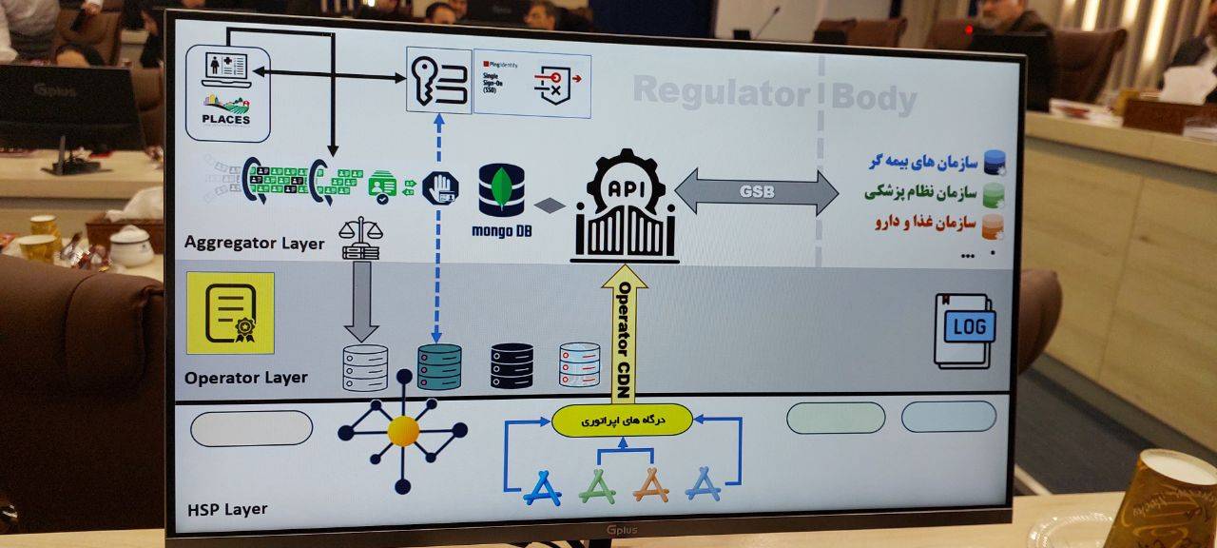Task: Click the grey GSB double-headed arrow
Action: (x=757, y=192)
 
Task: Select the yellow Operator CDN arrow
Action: (x=624, y=333)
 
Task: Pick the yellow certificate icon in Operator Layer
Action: (x=230, y=313)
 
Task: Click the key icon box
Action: (x=438, y=81)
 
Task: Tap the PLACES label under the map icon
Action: (x=226, y=120)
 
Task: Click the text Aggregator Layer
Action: (x=255, y=244)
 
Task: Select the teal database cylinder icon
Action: (x=439, y=367)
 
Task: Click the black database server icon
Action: (x=512, y=365)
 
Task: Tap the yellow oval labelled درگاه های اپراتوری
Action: (x=621, y=420)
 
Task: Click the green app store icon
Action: (x=598, y=486)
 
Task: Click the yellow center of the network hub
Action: (x=403, y=432)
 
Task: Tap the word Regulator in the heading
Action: (x=720, y=92)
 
